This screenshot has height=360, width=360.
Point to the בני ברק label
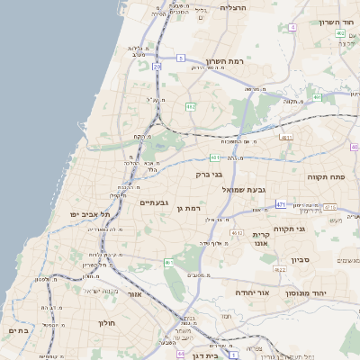(x=210, y=175)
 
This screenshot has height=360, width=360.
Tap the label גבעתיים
(x=155, y=202)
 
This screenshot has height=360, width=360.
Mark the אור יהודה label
(x=252, y=293)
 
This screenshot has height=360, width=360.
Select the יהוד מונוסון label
(x=306, y=293)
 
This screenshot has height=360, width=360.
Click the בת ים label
(x=18, y=330)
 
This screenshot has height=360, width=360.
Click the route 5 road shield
(x=181, y=58)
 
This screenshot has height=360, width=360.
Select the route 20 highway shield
(x=157, y=66)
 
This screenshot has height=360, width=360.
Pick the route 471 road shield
(x=282, y=204)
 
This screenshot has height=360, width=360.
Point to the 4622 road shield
(x=280, y=269)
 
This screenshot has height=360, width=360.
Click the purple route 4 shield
(x=292, y=27)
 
